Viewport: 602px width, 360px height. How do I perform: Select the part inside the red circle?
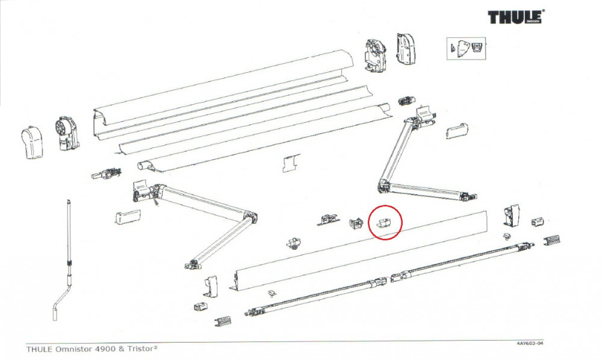point(383,221)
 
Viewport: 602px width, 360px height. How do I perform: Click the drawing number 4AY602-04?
point(530,343)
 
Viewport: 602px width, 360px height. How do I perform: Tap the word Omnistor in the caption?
point(74,349)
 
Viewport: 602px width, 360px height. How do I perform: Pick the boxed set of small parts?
point(465,49)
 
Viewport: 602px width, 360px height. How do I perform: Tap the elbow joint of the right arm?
point(383,186)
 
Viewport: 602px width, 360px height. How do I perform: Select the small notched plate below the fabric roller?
point(291,163)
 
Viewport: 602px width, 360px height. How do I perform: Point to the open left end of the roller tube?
point(143,164)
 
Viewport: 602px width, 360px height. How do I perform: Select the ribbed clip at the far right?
point(553,241)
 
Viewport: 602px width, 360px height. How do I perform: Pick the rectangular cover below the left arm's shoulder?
point(127,217)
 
